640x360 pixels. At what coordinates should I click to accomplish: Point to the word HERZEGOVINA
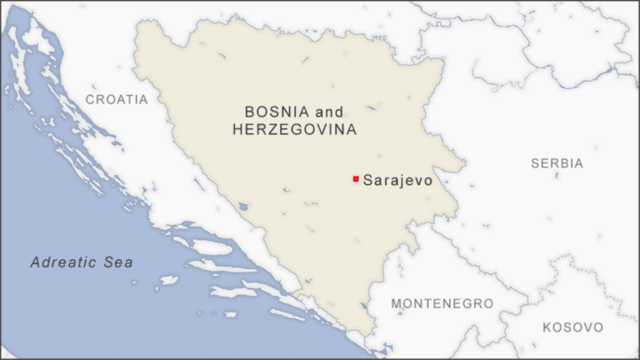tap(294, 130)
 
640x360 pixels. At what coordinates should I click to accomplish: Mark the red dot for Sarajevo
tap(356, 179)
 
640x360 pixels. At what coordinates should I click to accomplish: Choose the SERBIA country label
tap(557, 163)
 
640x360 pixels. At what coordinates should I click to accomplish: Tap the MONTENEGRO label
tap(442, 303)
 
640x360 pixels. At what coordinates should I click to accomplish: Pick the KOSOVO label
tap(572, 327)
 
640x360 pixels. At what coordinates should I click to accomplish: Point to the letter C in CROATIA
tap(90, 99)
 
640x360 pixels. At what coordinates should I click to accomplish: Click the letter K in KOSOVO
tap(547, 327)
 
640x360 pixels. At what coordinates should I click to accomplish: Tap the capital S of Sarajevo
tap(367, 179)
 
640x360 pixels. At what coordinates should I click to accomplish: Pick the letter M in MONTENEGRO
tap(397, 303)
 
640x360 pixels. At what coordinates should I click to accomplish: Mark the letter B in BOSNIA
tap(249, 112)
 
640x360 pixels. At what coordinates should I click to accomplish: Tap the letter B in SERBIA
tap(567, 163)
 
